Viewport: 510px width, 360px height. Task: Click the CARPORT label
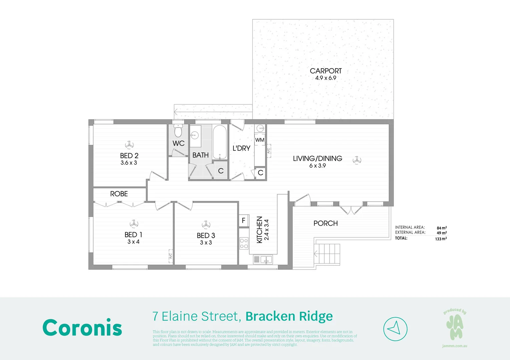326,71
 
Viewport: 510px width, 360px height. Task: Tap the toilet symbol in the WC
178,131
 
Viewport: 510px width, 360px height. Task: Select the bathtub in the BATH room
219,142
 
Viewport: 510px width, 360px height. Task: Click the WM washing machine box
260,140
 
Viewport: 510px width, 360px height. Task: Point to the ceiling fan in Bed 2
129,145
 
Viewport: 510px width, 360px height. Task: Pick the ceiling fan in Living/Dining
357,160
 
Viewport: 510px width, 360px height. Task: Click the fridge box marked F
243,220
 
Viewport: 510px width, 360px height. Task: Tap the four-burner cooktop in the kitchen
244,243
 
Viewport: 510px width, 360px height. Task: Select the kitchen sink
263,259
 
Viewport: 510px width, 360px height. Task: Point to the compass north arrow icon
395,329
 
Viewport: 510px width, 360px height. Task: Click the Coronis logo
82,328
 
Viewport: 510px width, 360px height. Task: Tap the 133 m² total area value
441,239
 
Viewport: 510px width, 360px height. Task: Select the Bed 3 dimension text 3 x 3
206,243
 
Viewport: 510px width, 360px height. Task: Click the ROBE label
119,194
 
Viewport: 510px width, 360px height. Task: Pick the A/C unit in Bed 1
170,256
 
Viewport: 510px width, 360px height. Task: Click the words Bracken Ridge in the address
289,316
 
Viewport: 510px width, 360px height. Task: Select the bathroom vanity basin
195,136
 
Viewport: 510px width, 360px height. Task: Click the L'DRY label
241,148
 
